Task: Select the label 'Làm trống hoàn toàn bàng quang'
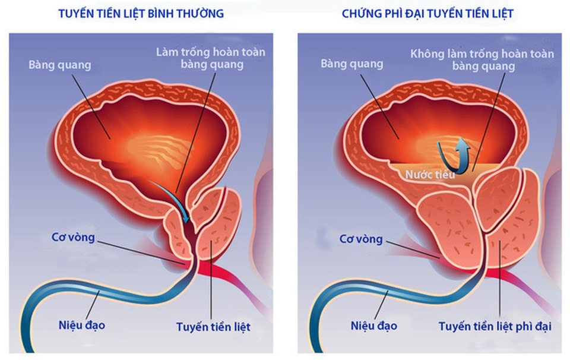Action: click(x=211, y=58)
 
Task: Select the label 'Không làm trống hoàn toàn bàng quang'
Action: click(x=482, y=60)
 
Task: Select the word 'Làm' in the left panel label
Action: click(x=167, y=52)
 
